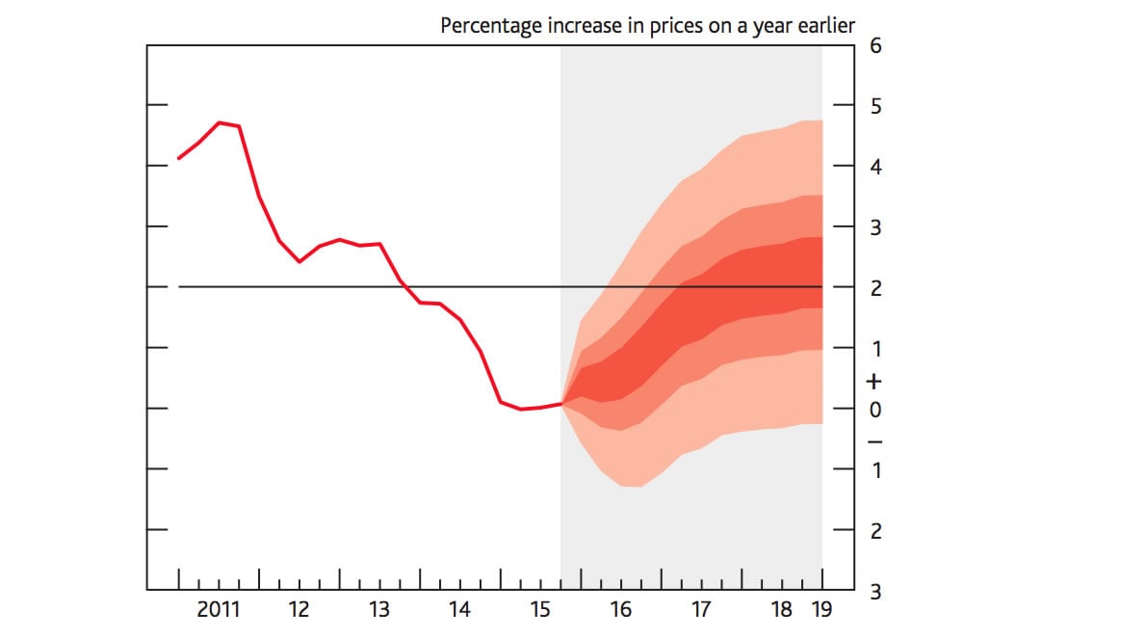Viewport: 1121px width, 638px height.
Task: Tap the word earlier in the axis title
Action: coord(825,26)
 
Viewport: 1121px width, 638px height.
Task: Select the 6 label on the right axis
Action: coord(875,45)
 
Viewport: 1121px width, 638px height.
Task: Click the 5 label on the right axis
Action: coord(875,106)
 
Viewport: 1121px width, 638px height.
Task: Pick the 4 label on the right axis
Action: coord(875,167)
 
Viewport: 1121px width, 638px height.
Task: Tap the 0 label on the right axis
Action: coord(875,410)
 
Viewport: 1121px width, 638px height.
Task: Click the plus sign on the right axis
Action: coord(875,382)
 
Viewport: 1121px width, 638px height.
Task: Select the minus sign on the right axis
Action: coord(875,441)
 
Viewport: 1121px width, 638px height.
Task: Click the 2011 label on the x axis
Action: coord(219,609)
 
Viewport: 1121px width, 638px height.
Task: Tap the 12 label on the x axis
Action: coord(299,609)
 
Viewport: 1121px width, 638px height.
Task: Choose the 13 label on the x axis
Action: coord(379,609)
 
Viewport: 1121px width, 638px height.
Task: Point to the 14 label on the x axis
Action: coord(459,609)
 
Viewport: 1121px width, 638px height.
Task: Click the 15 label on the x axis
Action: coord(540,609)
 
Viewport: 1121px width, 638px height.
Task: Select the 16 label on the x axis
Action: coord(620,609)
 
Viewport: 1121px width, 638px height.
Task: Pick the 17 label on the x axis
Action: coord(700,609)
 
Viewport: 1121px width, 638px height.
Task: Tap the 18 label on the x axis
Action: coord(782,609)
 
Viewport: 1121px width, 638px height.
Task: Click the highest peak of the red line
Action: coord(220,122)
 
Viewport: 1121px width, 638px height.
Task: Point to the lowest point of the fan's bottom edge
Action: coord(633,487)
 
